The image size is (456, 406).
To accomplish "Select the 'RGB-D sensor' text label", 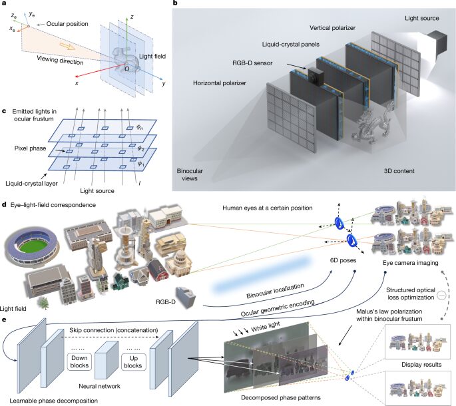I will coord(268,65).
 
